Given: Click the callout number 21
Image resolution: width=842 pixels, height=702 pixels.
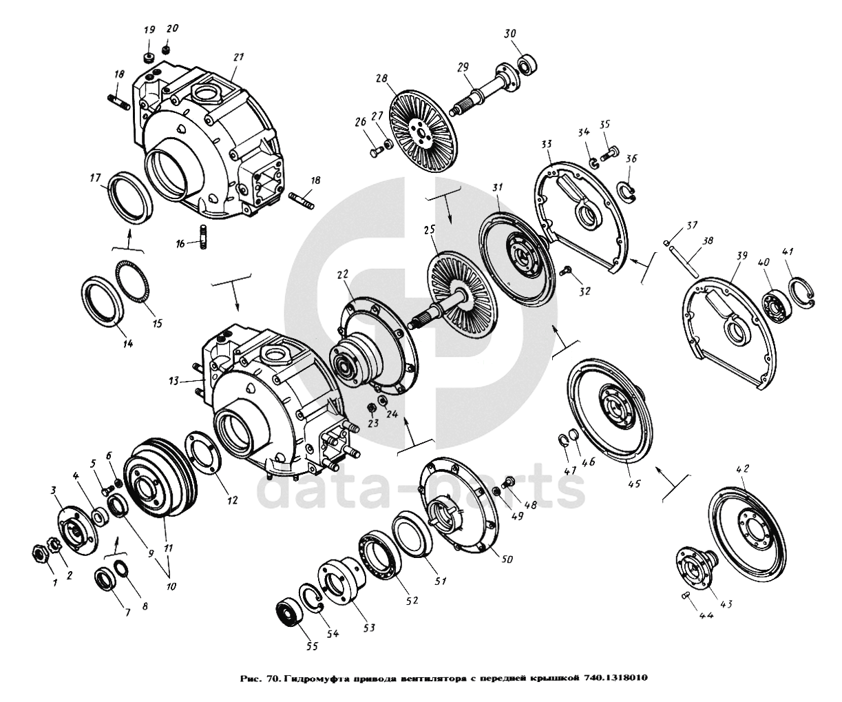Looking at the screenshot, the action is pyautogui.click(x=239, y=57).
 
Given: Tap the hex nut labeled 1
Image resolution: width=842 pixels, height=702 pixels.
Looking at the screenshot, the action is pyautogui.click(x=39, y=551).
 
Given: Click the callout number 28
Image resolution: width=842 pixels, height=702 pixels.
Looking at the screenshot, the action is pyautogui.click(x=382, y=78).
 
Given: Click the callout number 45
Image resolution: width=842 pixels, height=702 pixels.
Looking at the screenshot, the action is pyautogui.click(x=634, y=484).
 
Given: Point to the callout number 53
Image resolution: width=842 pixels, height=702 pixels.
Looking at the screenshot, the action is pyautogui.click(x=369, y=628).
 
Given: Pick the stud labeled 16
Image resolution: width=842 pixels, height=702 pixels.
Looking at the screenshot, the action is pyautogui.click(x=203, y=237).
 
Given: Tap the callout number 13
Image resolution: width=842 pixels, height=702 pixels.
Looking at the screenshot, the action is pyautogui.click(x=173, y=380).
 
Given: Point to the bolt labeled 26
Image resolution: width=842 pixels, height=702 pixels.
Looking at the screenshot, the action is pyautogui.click(x=375, y=152).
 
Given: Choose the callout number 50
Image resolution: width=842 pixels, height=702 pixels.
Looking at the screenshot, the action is pyautogui.click(x=506, y=559).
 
